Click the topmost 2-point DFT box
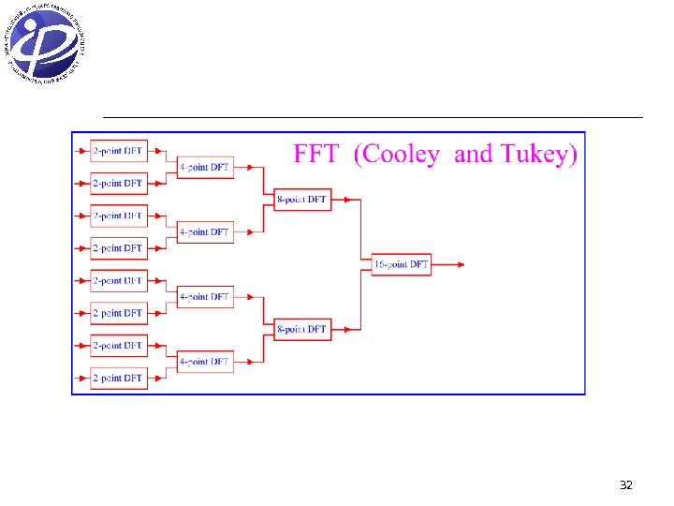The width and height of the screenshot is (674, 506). pos(119,150)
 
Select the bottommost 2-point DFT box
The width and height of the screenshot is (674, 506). pos(119,378)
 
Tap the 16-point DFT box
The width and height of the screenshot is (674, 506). pos(401,264)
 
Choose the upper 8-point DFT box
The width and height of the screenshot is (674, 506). pos(302,199)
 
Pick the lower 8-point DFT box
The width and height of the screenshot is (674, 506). pos(302,329)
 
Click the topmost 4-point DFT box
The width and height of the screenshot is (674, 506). pos(205,167)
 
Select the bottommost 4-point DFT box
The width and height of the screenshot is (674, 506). pos(205,362)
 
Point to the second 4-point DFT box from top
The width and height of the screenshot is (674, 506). pos(205,231)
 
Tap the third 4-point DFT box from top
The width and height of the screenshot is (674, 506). pos(205,297)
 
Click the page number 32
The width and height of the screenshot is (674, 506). pos(626,485)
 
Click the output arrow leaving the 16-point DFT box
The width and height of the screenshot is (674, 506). pos(449,264)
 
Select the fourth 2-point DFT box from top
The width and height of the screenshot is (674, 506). pos(119,247)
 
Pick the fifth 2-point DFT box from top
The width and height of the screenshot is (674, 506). pos(119,280)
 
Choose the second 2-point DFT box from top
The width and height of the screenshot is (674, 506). pos(119,183)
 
